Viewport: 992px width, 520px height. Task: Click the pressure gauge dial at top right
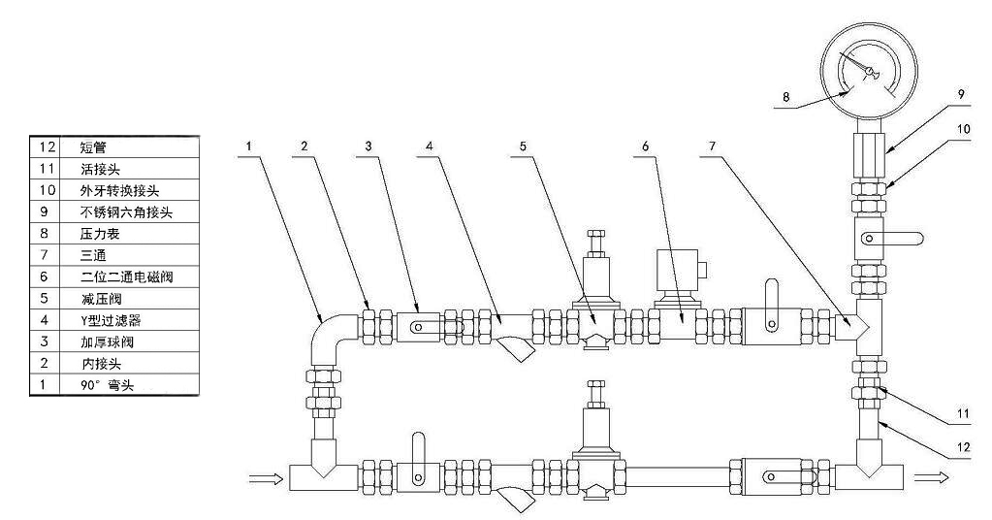[x=868, y=69]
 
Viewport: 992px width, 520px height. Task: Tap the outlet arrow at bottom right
[x=931, y=477]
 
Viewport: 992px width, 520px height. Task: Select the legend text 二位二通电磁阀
[x=124, y=276]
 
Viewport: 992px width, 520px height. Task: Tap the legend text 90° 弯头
[x=106, y=386]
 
